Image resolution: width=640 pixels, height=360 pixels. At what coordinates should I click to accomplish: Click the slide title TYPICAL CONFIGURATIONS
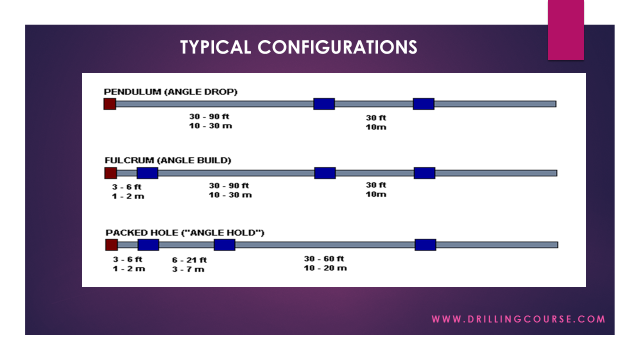click(298, 47)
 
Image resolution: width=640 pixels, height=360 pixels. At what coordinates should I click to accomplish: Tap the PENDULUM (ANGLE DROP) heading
click(170, 92)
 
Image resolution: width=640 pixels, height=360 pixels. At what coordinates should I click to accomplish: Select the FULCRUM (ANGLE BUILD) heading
click(168, 160)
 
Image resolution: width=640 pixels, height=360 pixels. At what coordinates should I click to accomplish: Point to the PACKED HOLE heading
click(185, 232)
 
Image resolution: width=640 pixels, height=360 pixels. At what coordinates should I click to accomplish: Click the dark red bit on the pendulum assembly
click(109, 103)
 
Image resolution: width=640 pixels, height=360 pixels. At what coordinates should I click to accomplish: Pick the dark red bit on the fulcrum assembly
click(110, 173)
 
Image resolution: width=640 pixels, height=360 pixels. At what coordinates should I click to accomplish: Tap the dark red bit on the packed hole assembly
click(111, 244)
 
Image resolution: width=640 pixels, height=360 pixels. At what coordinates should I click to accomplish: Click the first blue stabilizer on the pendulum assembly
click(324, 103)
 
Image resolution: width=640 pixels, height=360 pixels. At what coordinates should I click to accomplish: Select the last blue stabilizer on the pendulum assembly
click(423, 103)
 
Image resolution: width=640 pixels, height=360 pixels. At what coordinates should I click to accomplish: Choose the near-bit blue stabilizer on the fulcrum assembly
click(147, 173)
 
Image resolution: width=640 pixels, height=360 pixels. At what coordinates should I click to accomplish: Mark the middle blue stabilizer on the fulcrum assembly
click(325, 173)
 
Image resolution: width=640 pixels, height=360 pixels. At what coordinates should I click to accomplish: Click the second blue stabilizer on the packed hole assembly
click(224, 244)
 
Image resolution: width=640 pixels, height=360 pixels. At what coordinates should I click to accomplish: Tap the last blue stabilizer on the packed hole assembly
click(425, 244)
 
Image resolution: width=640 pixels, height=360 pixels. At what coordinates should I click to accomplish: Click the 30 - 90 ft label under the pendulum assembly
click(209, 116)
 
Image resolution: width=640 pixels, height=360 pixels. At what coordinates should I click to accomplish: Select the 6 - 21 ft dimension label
click(189, 260)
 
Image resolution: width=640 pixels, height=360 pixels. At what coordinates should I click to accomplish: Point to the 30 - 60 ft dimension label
click(324, 258)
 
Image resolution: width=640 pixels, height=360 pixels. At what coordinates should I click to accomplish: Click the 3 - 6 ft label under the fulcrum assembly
click(127, 187)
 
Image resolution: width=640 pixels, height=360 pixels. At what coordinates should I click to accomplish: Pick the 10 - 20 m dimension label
click(325, 268)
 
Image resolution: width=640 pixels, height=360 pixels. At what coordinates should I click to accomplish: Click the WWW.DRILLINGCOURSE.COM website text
click(518, 319)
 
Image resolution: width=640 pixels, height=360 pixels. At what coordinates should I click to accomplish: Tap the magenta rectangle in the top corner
click(565, 29)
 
